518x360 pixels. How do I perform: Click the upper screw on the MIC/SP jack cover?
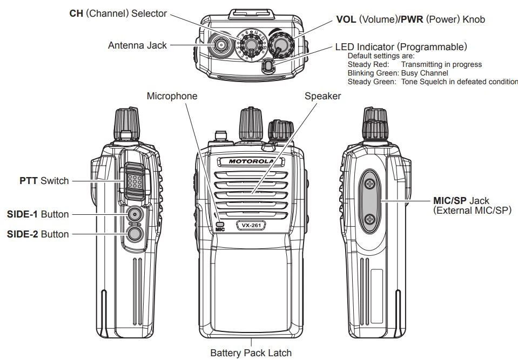tap(370, 185)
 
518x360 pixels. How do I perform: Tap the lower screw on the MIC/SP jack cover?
tap(370, 219)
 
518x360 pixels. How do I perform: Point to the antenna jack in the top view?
tap(220, 46)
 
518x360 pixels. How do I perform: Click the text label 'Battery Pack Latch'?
tap(251, 353)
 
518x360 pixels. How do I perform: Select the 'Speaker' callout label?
tap(323, 96)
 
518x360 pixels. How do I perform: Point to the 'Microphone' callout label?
tap(172, 96)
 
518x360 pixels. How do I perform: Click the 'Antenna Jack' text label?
tap(137, 45)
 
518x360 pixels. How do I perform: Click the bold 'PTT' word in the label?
tap(29, 181)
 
